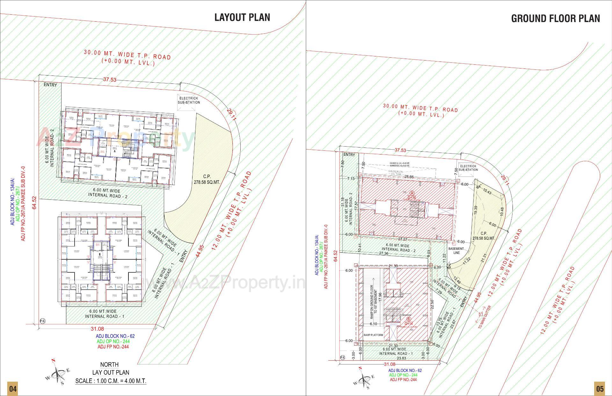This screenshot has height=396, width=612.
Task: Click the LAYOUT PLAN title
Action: click(x=242, y=17)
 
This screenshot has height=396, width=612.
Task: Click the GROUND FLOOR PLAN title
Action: click(x=555, y=18)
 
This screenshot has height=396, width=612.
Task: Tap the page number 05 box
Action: click(x=600, y=389)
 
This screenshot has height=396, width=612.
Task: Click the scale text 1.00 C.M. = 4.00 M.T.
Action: click(x=111, y=381)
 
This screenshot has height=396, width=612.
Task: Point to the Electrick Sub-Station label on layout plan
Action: click(x=189, y=100)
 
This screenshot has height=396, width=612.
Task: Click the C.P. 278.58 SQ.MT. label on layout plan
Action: click(x=207, y=179)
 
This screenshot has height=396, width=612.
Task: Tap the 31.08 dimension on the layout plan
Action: click(x=97, y=329)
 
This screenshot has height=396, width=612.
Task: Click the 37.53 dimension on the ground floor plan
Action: click(x=400, y=150)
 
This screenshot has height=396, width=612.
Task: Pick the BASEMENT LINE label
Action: click(x=456, y=250)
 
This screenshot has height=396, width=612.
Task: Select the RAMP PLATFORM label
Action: click(x=373, y=335)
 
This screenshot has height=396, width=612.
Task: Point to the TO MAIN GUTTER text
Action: click(x=484, y=317)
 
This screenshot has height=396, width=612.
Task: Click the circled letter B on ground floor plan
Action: click(x=409, y=319)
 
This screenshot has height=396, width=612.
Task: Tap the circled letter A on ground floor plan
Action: click(x=412, y=193)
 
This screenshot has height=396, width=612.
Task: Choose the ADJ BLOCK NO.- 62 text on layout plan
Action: click(x=115, y=336)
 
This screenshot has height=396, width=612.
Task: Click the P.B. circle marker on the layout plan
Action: click(x=42, y=320)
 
